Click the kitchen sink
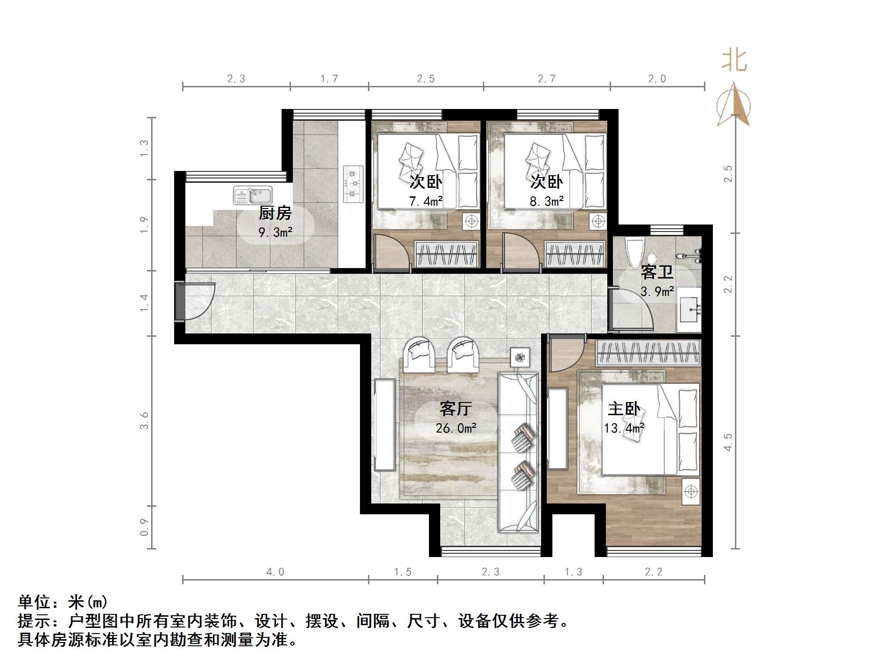click(253, 195)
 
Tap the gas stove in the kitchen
click(353, 184)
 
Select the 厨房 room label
click(275, 213)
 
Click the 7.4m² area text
click(426, 202)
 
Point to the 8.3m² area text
click(547, 202)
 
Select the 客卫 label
click(657, 272)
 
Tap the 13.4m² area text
click(624, 428)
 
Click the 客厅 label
click(455, 409)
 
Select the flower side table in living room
click(520, 358)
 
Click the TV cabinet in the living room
click(384, 425)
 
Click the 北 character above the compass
click(734, 62)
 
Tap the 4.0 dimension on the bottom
click(275, 572)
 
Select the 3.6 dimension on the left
click(144, 420)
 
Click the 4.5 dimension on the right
click(728, 442)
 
